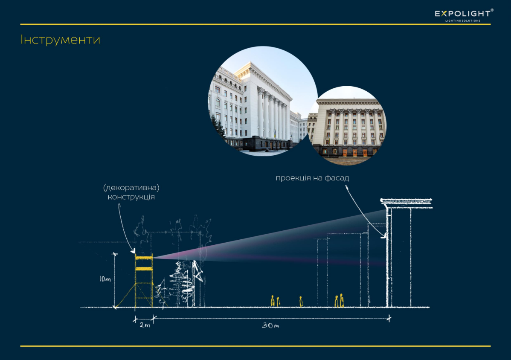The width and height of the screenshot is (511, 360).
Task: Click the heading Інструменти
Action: (x=60, y=40)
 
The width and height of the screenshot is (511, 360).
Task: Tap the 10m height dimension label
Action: (x=105, y=279)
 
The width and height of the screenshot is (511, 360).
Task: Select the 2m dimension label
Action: (x=145, y=325)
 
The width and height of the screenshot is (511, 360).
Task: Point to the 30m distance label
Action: (x=271, y=325)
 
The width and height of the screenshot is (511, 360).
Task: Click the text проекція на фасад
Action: (x=312, y=178)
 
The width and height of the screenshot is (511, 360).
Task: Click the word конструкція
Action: (x=131, y=197)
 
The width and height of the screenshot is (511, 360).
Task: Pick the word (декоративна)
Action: (x=131, y=188)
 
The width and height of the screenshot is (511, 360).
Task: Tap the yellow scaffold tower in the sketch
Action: (x=144, y=281)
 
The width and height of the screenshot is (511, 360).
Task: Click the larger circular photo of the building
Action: (x=263, y=101)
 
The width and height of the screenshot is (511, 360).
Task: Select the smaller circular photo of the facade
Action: (x=347, y=126)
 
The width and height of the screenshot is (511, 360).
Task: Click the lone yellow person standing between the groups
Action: (x=301, y=302)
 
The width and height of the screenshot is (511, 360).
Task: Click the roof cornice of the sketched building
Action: (x=407, y=203)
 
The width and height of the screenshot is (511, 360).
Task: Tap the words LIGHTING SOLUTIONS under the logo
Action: (x=463, y=21)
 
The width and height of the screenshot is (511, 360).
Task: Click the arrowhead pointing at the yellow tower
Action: (x=133, y=251)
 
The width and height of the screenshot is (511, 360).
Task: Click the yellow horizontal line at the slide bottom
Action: (x=255, y=346)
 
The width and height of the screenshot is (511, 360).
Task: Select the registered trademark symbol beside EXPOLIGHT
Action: (x=492, y=10)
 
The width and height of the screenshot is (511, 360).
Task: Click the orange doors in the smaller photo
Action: (x=355, y=152)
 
